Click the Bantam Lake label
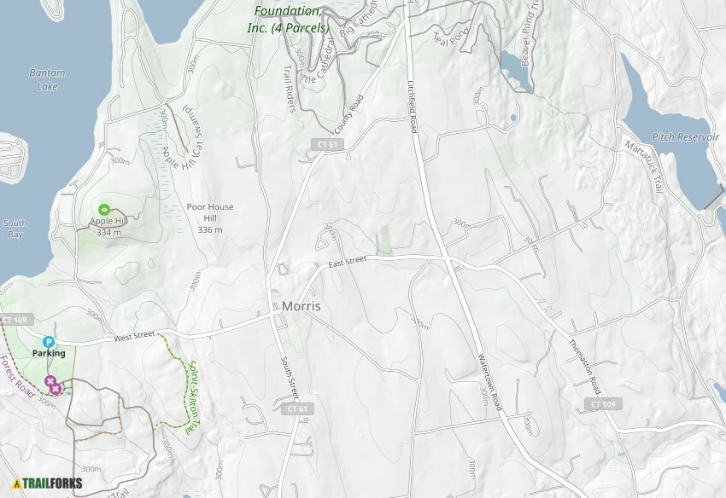[46, 79]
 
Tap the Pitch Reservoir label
[680, 136]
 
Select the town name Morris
[301, 306]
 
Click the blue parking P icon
[49, 342]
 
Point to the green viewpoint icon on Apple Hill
[104, 209]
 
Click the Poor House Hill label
[210, 218]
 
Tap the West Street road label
[132, 336]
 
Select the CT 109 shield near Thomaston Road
[603, 403]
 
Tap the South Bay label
[15, 229]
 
